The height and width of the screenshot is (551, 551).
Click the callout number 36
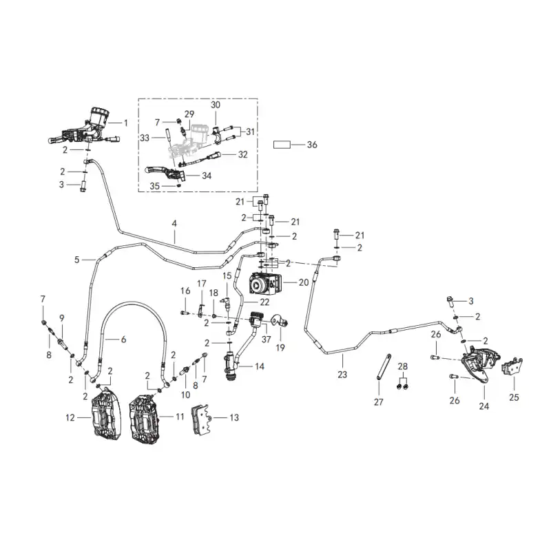(x=312, y=145)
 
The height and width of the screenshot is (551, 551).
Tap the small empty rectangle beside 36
(x=282, y=145)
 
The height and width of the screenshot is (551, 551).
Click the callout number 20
(x=304, y=282)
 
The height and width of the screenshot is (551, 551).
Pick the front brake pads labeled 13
(x=200, y=420)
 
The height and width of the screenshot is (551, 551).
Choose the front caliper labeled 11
(x=145, y=419)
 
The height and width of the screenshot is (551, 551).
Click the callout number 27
(x=378, y=402)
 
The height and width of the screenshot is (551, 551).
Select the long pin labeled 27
(x=384, y=367)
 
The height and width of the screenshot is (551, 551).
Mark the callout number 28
(x=403, y=366)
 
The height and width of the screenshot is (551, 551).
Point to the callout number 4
(x=174, y=223)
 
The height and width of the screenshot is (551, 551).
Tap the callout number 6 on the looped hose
(x=123, y=340)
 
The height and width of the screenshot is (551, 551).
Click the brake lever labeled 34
(x=165, y=172)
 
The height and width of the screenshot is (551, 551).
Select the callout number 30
(x=216, y=105)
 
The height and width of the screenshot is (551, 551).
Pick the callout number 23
(x=342, y=374)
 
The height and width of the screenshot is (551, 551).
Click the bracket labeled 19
(x=280, y=320)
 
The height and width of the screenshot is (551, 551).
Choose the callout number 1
(x=125, y=123)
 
